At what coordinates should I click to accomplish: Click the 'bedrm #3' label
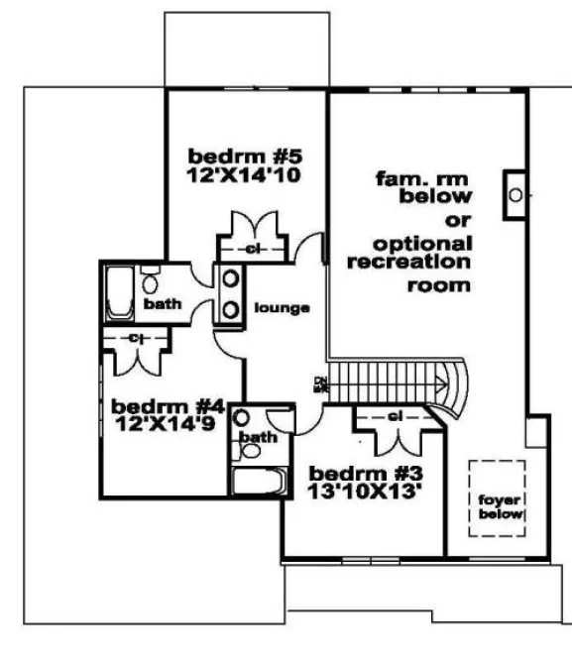[x=353, y=472]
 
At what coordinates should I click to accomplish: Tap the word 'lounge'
[x=283, y=307]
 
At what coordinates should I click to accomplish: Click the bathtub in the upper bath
[x=119, y=292]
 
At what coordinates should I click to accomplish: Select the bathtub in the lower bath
[x=259, y=484]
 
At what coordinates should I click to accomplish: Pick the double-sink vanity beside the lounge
[x=230, y=294]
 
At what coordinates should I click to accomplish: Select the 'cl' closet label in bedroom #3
[x=394, y=416]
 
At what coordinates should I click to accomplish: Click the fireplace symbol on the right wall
[x=515, y=195]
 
